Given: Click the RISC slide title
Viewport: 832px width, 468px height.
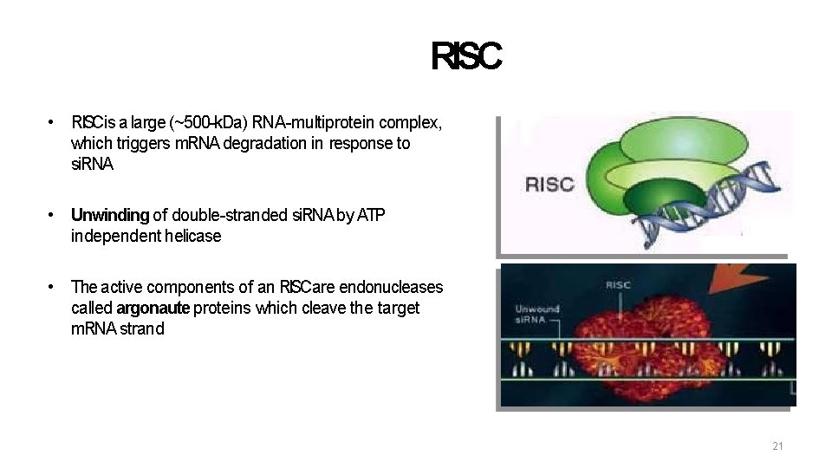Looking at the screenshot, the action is click(465, 57).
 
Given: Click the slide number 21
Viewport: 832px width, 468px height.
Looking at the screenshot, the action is click(777, 446).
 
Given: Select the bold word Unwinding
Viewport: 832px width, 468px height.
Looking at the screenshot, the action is click(110, 215).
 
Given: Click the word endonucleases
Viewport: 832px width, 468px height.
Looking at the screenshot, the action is click(396, 287).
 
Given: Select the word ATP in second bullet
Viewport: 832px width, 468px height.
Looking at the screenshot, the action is click(370, 215).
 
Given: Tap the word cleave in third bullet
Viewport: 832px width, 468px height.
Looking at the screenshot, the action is click(315, 309).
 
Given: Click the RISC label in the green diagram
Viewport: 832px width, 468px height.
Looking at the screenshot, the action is click(549, 185).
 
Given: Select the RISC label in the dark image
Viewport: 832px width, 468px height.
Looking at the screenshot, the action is click(618, 284).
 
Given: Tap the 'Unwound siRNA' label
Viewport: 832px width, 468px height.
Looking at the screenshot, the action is click(537, 314).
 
